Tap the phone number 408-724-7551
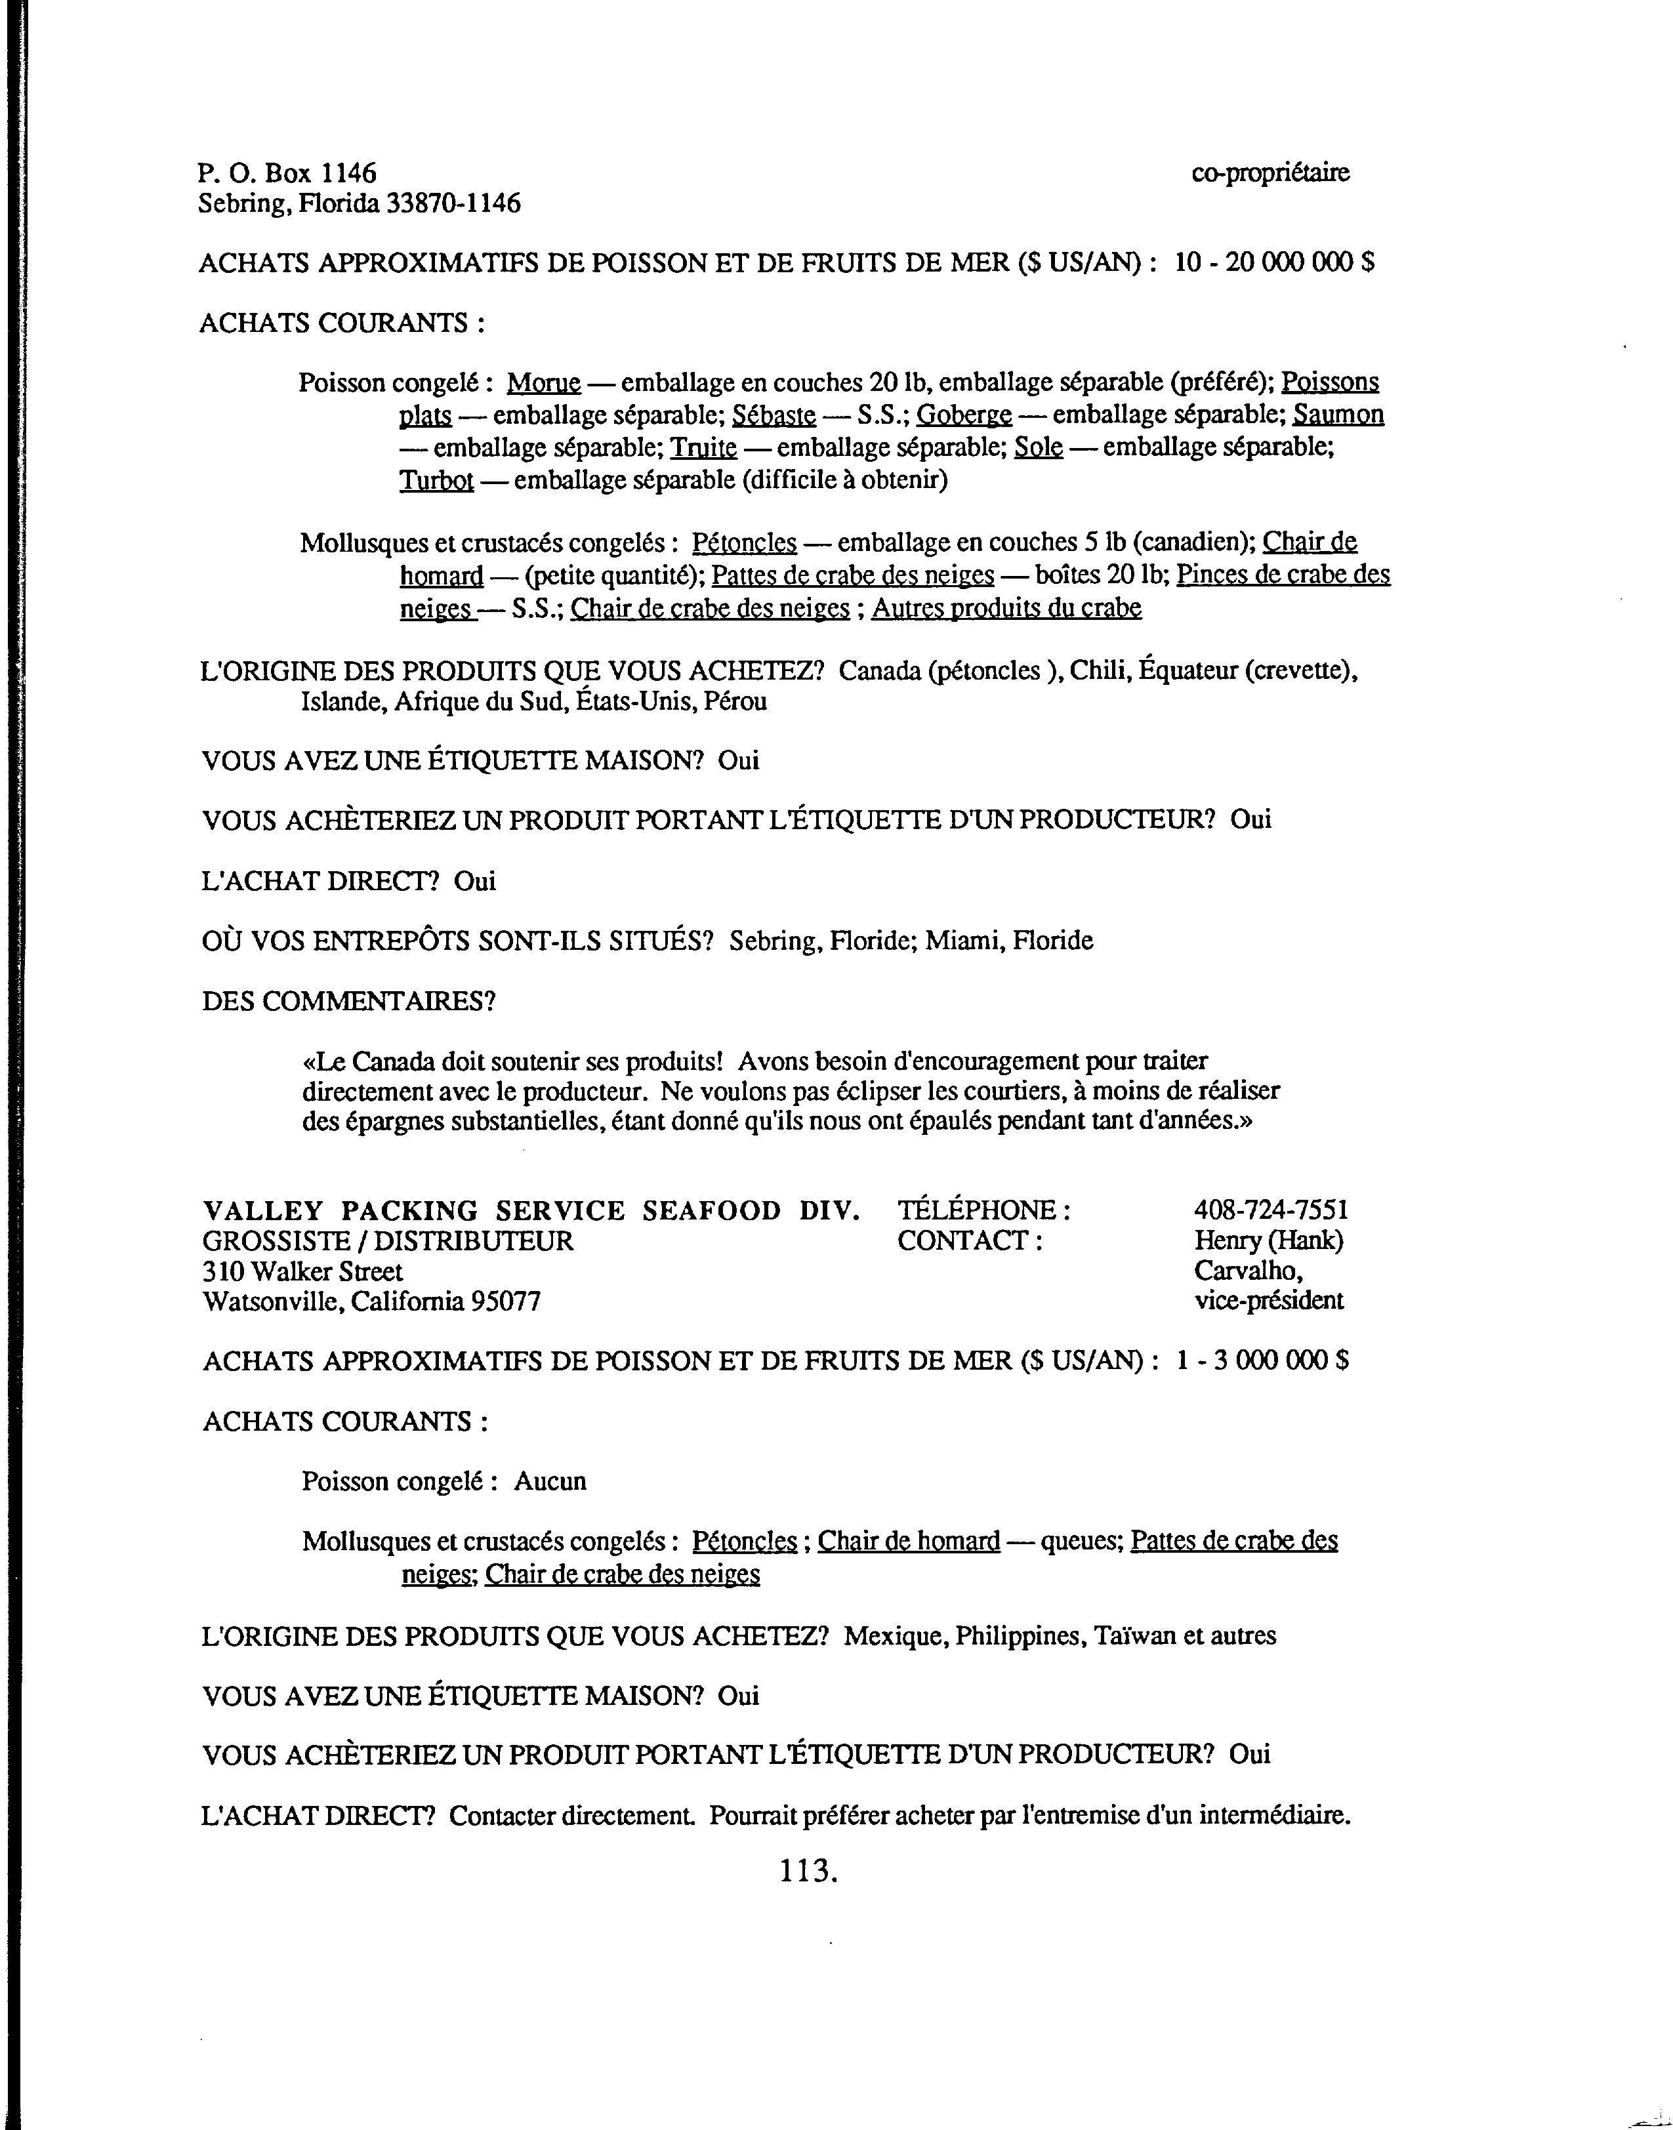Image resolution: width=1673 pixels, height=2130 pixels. pyautogui.click(x=1270, y=1210)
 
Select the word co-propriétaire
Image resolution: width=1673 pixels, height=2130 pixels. pyautogui.click(x=1270, y=173)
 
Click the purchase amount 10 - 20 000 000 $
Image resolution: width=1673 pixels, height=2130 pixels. pyautogui.click(x=1273, y=262)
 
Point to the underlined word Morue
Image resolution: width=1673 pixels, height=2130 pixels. pyautogui.click(x=544, y=382)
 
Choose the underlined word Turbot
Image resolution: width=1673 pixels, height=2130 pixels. pyautogui.click(x=437, y=481)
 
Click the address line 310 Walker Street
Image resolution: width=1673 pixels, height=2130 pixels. pyautogui.click(x=302, y=1271)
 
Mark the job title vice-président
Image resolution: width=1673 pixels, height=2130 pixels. pyautogui.click(x=1268, y=1301)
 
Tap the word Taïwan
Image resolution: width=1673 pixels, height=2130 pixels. pyautogui.click(x=1134, y=1635)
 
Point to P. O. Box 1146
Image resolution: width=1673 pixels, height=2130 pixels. pyautogui.click(x=287, y=173)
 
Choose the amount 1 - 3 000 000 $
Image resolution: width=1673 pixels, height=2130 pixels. pyautogui.click(x=1262, y=1361)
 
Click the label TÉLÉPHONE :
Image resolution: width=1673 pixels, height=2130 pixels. pyautogui.click(x=983, y=1210)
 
